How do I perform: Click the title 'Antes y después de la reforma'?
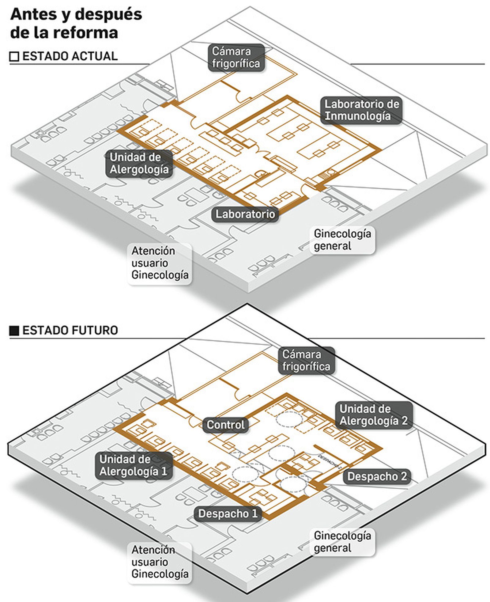pos(76,23)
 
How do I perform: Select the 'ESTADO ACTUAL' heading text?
pos(70,56)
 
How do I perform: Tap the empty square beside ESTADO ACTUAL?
pos(14,57)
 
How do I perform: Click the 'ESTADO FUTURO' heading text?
pos(70,331)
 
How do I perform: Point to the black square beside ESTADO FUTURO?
pos(14,331)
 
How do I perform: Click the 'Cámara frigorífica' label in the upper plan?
pos(236,58)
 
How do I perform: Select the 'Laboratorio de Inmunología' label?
pos(361,110)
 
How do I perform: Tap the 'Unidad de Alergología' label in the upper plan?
pos(139,163)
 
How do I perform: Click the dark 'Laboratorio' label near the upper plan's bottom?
pos(245,214)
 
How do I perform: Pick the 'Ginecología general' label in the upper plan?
pos(342,240)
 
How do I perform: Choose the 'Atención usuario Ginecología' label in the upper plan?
pos(160,263)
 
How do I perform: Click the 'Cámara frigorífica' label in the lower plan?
pos(306,360)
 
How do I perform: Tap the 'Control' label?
pos(225,425)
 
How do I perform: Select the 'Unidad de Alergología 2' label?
pos(373,415)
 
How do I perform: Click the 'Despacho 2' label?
pos(377,476)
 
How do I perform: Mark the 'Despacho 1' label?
pos(228,513)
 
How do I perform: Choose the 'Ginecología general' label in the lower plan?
pos(342,542)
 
